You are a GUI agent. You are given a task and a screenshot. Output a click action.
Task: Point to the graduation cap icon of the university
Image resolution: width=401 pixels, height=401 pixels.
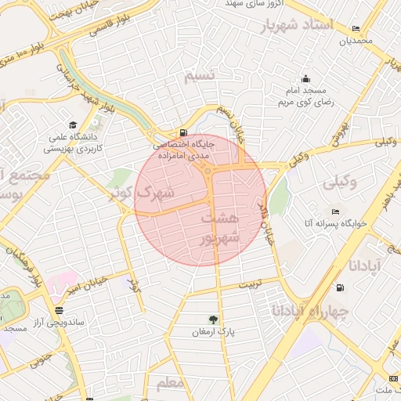(x=73, y=125)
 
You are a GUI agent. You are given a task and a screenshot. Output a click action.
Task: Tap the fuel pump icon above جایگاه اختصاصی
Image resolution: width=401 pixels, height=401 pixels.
(x=183, y=132)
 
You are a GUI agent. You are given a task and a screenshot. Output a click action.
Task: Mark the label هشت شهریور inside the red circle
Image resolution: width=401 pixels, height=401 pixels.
(x=216, y=226)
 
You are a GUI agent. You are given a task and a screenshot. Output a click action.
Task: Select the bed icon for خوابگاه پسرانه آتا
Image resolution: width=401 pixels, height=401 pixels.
(x=335, y=212)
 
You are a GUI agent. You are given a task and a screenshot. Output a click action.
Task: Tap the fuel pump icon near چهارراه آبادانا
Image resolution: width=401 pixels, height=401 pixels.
(x=339, y=287)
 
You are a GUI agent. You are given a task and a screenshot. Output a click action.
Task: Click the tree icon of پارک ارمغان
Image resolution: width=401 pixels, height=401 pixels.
(x=213, y=319)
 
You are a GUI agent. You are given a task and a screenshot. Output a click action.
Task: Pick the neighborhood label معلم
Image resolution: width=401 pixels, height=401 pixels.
(x=170, y=384)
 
